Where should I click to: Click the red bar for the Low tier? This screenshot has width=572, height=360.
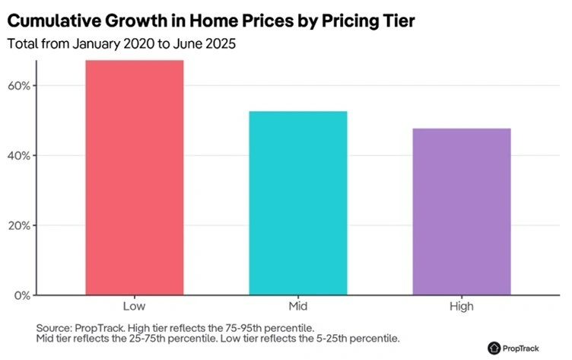(x=134, y=177)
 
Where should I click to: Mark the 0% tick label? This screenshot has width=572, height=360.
(x=21, y=295)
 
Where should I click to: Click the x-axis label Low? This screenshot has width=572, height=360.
(x=134, y=306)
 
